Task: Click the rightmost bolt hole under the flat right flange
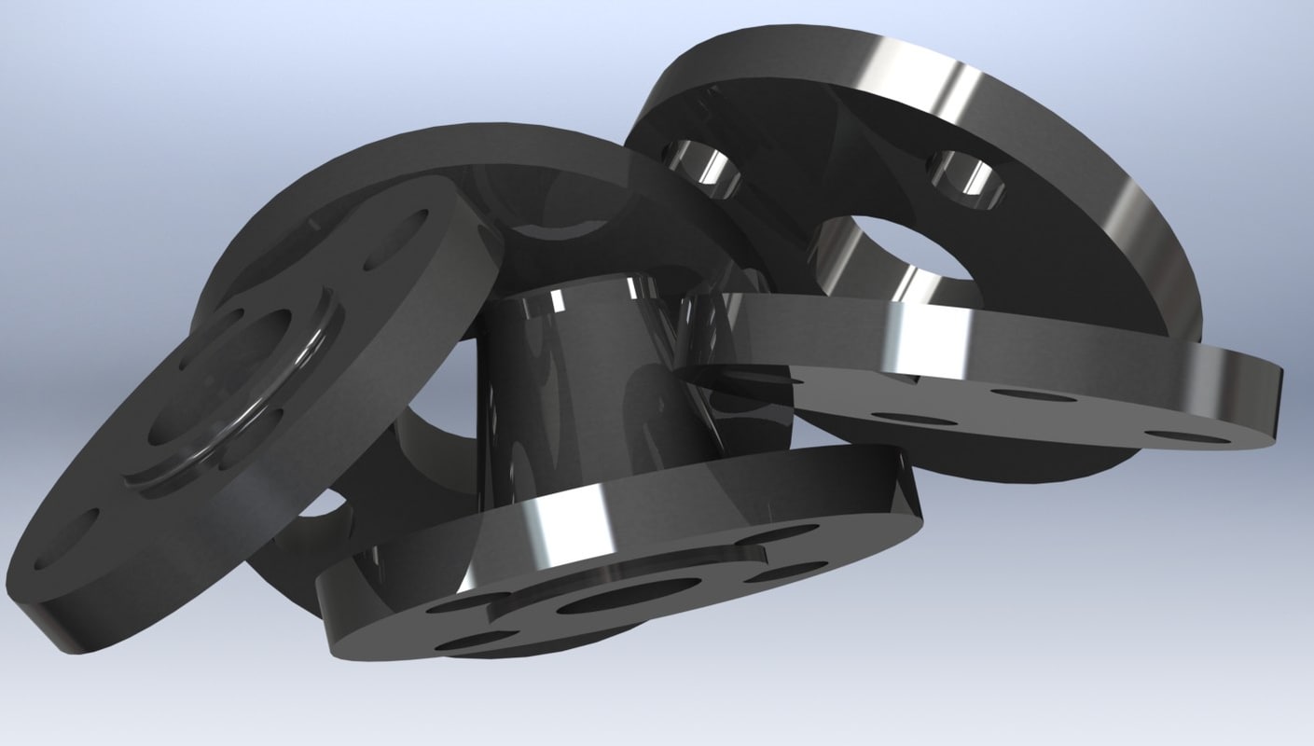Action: (1185, 436)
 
